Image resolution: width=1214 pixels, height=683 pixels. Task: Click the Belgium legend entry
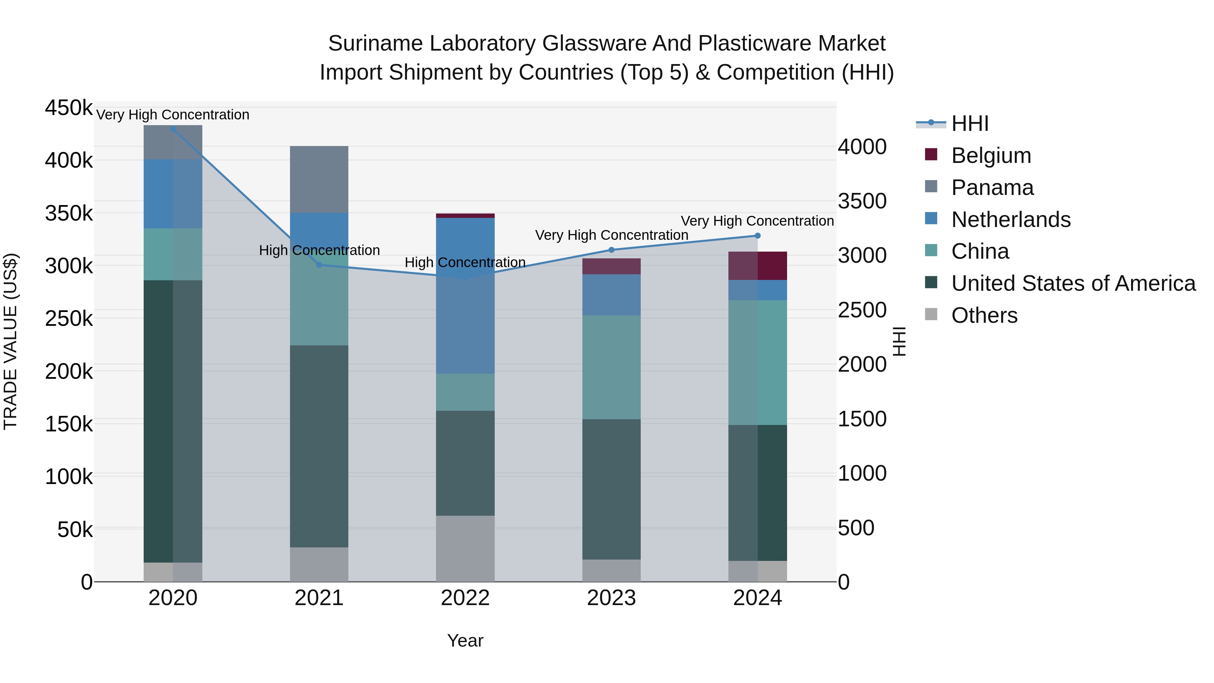pyautogui.click(x=991, y=155)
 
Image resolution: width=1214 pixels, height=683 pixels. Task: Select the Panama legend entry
pyautogui.click(x=992, y=188)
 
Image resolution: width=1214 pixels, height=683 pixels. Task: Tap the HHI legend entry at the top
pyautogui.click(x=970, y=123)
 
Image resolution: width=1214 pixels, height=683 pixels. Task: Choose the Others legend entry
pyautogui.click(x=984, y=315)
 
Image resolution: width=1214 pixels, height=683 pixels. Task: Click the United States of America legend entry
pyautogui.click(x=1073, y=283)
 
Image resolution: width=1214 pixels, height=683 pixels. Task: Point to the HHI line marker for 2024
pyautogui.click(x=757, y=236)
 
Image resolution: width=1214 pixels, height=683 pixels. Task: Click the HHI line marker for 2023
pyautogui.click(x=611, y=250)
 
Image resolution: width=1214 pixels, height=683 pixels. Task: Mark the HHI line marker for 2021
pyautogui.click(x=319, y=265)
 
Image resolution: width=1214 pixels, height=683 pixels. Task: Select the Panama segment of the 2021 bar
pyautogui.click(x=319, y=179)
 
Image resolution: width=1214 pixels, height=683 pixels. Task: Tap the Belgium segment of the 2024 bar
pyautogui.click(x=757, y=266)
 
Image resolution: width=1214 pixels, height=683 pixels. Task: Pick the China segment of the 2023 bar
pyautogui.click(x=611, y=367)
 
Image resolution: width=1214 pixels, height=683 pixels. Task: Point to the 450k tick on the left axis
pyautogui.click(x=69, y=108)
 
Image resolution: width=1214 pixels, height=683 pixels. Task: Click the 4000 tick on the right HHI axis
pyautogui.click(x=862, y=147)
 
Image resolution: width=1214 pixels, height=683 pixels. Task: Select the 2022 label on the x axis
pyautogui.click(x=465, y=598)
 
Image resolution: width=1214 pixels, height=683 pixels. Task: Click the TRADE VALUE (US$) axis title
pyautogui.click(x=10, y=341)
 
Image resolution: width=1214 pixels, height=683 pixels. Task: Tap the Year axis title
pyautogui.click(x=465, y=641)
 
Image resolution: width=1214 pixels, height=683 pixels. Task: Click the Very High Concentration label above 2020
pyautogui.click(x=172, y=115)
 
